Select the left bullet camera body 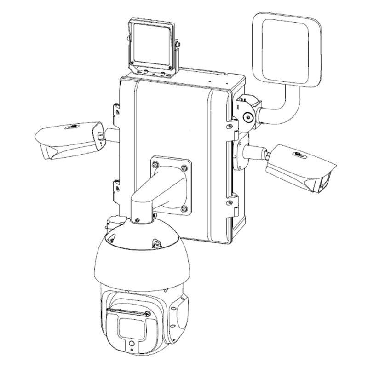tap(69, 138)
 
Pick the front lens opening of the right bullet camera tap(323, 184)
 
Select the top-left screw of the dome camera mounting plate tap(155, 163)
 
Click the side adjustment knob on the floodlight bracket tap(178, 45)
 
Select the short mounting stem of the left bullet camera tap(111, 135)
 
